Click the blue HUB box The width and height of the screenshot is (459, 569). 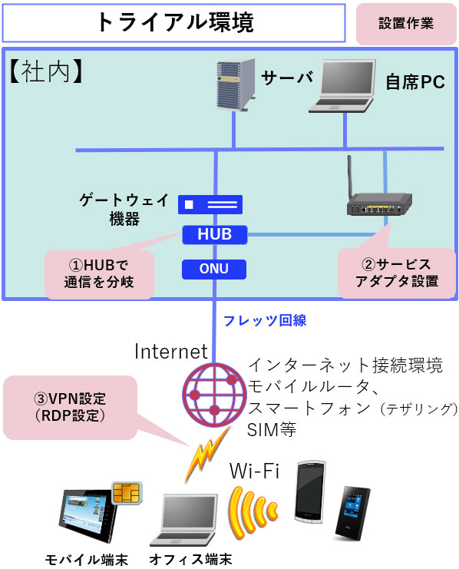pos(214,234)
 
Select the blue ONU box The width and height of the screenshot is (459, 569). pos(214,269)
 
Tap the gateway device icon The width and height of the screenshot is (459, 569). pos(210,204)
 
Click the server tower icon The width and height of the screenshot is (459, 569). pos(236,85)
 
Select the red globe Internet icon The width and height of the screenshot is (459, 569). pos(214,395)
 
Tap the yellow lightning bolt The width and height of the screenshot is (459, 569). pos(206,454)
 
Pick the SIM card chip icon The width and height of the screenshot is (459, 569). pos(127,493)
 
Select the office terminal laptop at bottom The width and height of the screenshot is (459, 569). pos(184,520)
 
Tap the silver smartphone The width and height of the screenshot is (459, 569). pos(309,492)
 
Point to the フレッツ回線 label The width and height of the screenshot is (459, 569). pos(265,321)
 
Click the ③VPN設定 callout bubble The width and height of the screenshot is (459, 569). pos(71,407)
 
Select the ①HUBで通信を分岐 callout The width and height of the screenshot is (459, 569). pos(100,274)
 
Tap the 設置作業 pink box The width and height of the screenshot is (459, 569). pos(406,24)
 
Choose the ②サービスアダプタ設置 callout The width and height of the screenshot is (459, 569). pos(397,273)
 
